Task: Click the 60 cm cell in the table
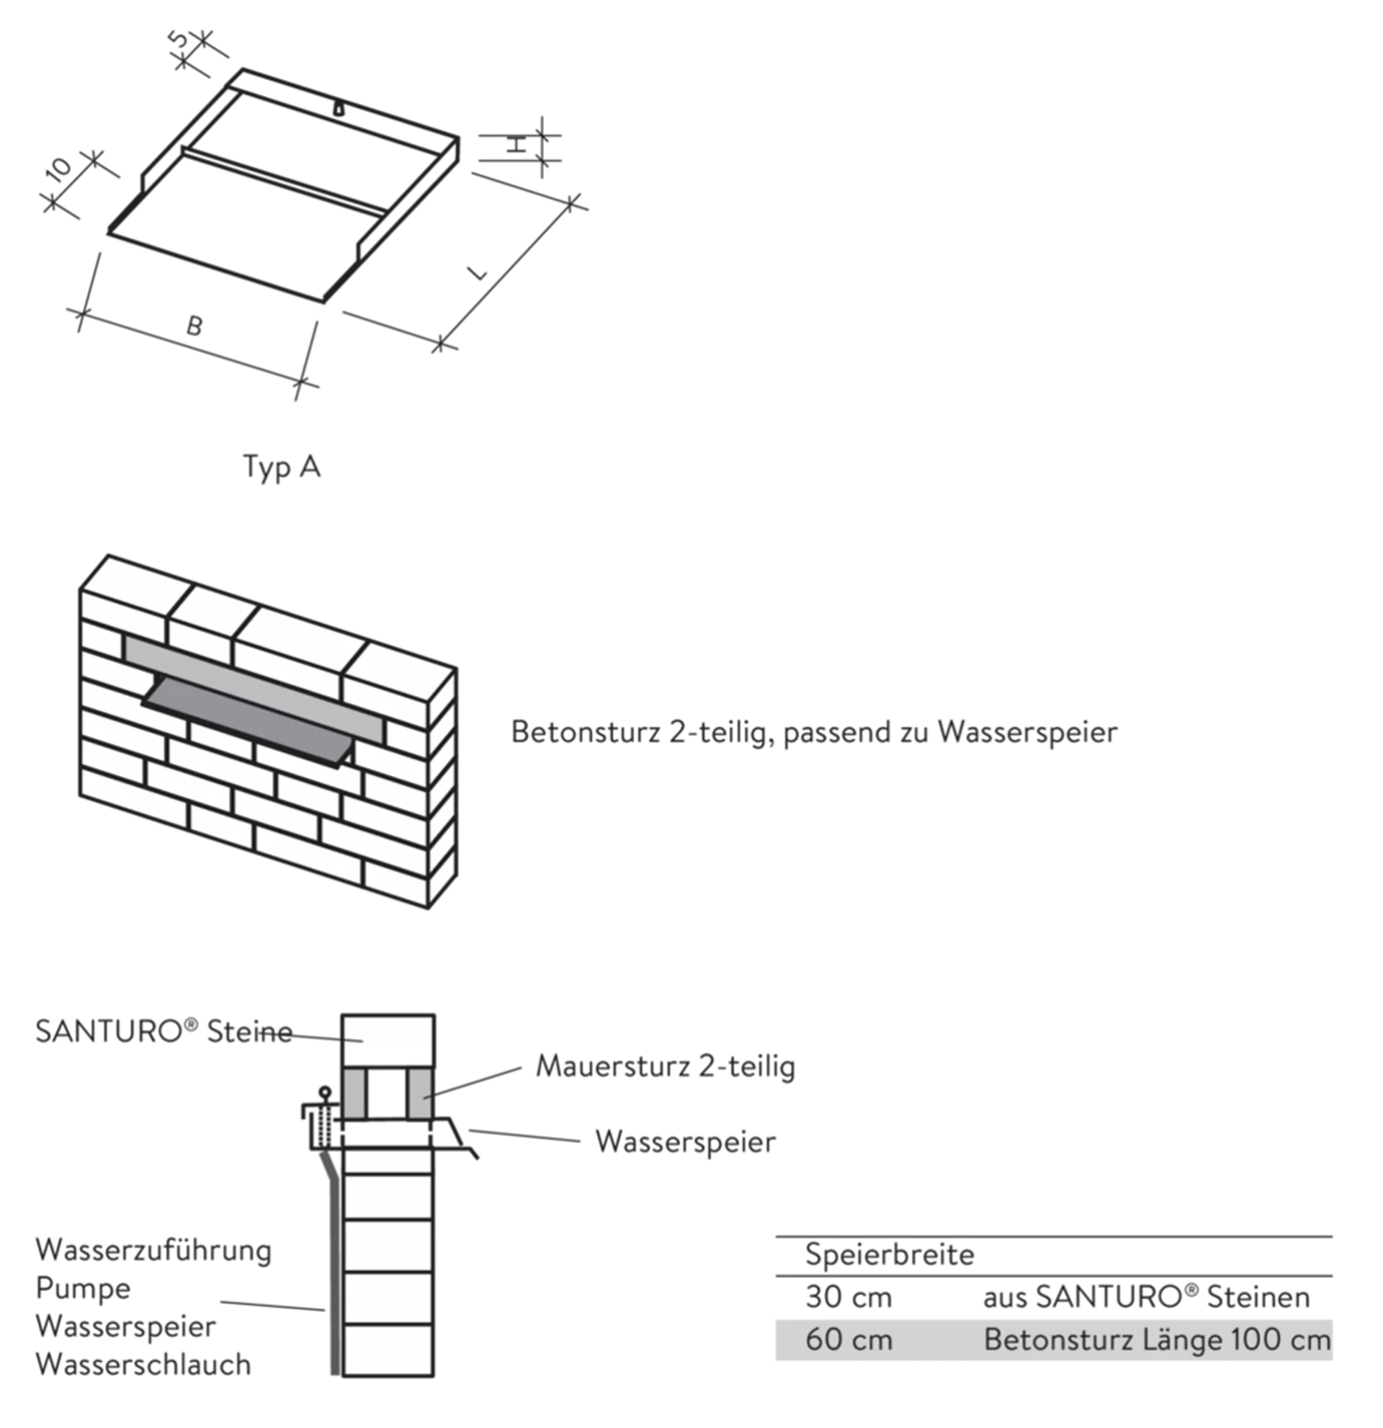coord(849,1340)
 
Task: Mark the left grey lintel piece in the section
coord(352,1094)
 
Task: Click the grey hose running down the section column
coord(334,1275)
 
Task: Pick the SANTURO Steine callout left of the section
coord(164,1032)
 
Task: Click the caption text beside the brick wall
coord(812,732)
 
